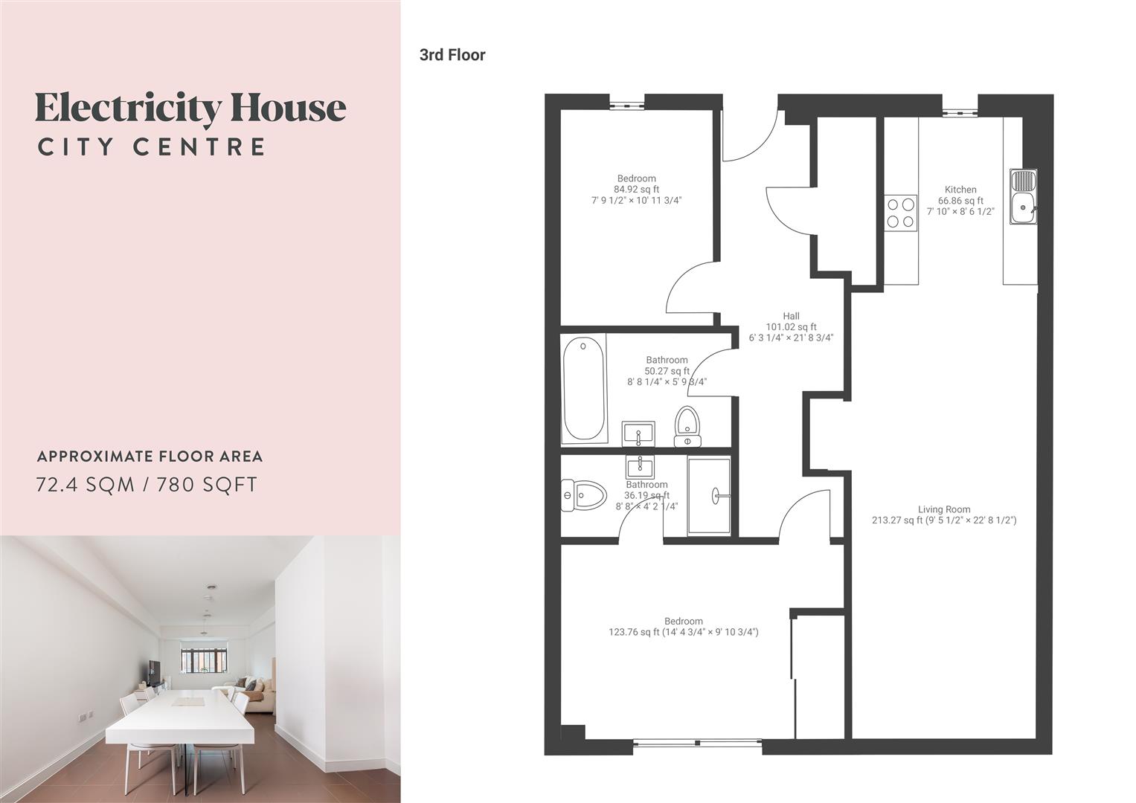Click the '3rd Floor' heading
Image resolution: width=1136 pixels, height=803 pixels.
point(452,55)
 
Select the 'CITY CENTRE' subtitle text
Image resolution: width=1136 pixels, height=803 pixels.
point(152,146)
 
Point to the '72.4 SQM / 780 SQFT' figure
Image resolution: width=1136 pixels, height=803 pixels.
point(147,485)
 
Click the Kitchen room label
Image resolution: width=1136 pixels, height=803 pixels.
point(960,190)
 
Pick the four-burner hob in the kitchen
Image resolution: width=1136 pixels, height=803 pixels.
point(900,213)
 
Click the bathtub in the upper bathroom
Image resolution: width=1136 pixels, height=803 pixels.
point(584,389)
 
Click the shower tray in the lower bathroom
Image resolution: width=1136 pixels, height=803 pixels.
point(709,495)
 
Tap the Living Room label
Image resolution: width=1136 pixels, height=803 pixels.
point(943,510)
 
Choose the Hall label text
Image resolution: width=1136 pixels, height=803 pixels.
point(791,316)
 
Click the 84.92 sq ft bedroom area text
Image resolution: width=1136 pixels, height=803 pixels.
point(636,190)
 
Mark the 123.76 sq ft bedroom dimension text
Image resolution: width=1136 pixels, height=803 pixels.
point(683,633)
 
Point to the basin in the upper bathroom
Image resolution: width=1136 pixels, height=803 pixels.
point(638,433)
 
